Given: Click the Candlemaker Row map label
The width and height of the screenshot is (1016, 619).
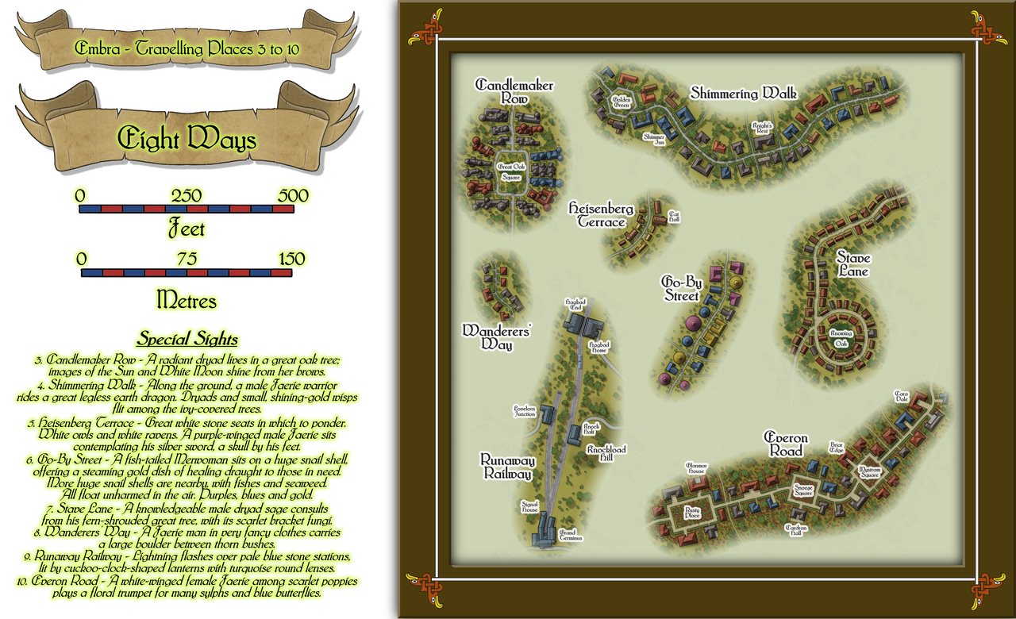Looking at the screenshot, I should coord(514,91).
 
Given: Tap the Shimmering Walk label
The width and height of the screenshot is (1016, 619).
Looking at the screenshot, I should coord(743,94).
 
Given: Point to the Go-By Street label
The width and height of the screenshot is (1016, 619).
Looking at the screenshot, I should coord(680,289).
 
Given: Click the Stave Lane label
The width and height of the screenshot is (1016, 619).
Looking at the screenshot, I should coord(852,265).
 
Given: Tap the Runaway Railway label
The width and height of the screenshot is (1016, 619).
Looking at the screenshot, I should coord(507,467).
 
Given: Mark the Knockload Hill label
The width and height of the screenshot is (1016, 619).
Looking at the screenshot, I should coord(606,454).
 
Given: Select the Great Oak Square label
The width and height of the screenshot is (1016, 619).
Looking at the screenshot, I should coord(512,172).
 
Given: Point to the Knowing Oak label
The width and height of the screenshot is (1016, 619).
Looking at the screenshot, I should coord(841,339).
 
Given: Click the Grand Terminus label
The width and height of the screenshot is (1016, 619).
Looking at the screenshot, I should coord(571,535).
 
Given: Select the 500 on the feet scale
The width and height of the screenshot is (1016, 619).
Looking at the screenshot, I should coord(294,195).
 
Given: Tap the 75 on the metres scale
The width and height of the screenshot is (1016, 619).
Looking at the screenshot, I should coord(187,260).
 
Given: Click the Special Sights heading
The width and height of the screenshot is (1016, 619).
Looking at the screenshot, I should coord(187,340).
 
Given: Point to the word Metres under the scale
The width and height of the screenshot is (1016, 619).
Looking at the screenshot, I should coord(187,300).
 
